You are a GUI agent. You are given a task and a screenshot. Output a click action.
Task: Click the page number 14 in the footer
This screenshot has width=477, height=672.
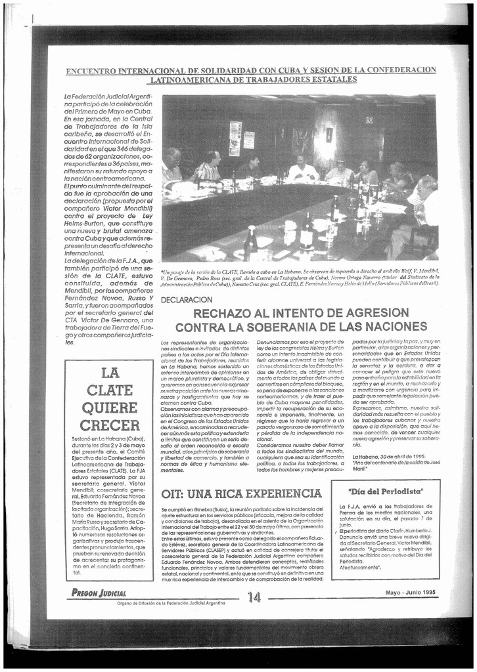click(254, 596)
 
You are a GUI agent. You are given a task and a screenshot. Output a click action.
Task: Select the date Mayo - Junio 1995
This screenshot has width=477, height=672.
click(410, 593)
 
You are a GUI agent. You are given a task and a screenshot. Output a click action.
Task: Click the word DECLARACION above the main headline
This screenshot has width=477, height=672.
click(187, 300)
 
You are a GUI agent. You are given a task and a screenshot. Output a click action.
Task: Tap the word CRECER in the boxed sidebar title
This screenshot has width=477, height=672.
click(110, 425)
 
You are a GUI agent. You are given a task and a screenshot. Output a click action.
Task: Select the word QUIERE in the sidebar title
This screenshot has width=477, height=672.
click(110, 408)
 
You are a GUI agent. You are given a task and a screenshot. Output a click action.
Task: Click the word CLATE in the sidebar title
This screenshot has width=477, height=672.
click(110, 390)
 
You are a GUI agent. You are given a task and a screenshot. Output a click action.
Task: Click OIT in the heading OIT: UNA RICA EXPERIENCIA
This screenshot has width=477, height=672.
click(173, 493)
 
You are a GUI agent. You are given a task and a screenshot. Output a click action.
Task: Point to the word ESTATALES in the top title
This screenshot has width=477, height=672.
click(330, 79)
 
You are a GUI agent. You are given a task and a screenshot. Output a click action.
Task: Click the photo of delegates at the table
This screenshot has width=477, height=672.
click(299, 177)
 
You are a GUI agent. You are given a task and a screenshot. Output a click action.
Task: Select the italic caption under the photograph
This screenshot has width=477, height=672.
click(300, 278)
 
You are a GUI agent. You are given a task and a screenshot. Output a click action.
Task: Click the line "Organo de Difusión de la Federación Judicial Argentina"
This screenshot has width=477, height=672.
click(171, 603)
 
